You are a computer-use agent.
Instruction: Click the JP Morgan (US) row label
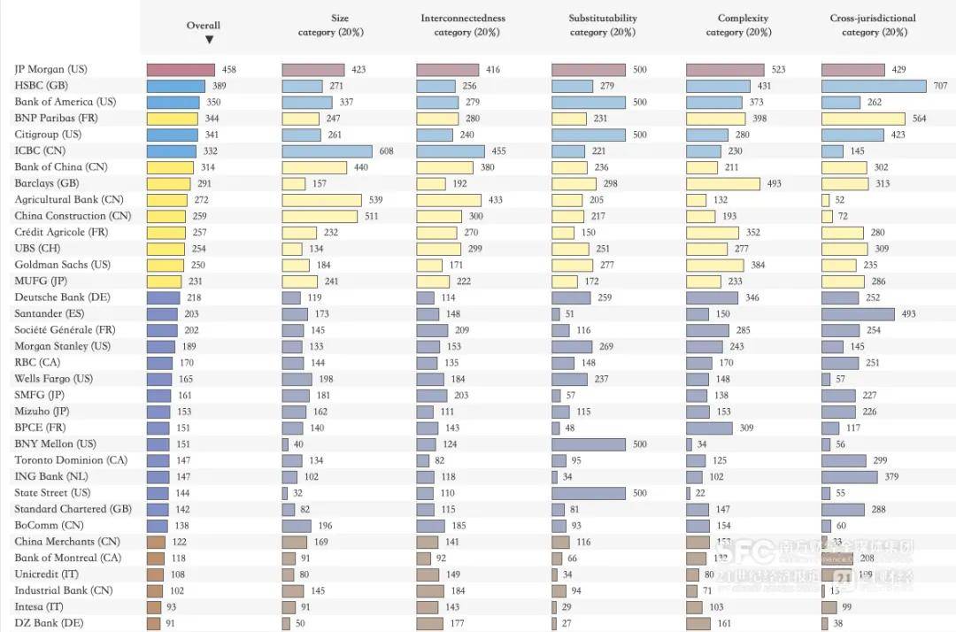pos(50,69)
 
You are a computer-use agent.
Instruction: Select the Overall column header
pos(204,26)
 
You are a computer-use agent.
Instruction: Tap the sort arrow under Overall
pos(209,40)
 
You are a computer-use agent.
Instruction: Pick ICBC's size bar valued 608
pos(328,151)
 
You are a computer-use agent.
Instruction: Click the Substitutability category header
pos(603,25)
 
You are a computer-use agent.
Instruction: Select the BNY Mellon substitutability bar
pos(589,444)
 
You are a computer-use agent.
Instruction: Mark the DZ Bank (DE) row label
pos(49,623)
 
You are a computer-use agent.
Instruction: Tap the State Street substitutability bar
pos(589,493)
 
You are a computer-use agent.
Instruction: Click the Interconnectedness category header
pos(463,25)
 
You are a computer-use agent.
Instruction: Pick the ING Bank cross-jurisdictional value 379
pos(891,477)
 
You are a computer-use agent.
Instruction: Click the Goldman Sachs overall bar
pos(166,265)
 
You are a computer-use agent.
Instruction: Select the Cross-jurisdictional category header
pos(873,25)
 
